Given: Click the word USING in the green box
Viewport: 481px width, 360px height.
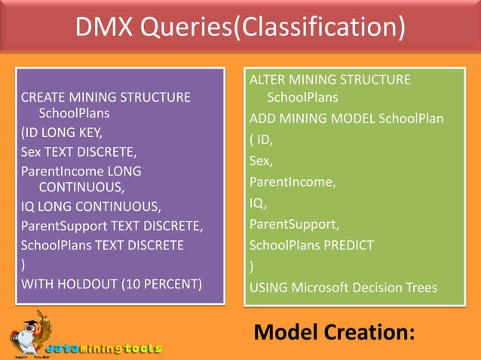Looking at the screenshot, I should (x=268, y=287).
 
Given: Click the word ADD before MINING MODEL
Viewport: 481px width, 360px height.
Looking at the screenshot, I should (x=263, y=119).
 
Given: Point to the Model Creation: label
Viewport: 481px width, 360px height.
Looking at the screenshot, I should (x=333, y=331).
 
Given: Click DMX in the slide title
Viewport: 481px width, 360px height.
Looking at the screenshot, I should (x=104, y=29).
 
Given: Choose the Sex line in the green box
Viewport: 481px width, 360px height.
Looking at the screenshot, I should (x=260, y=160).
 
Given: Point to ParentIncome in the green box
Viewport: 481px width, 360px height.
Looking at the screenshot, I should (x=291, y=182).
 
